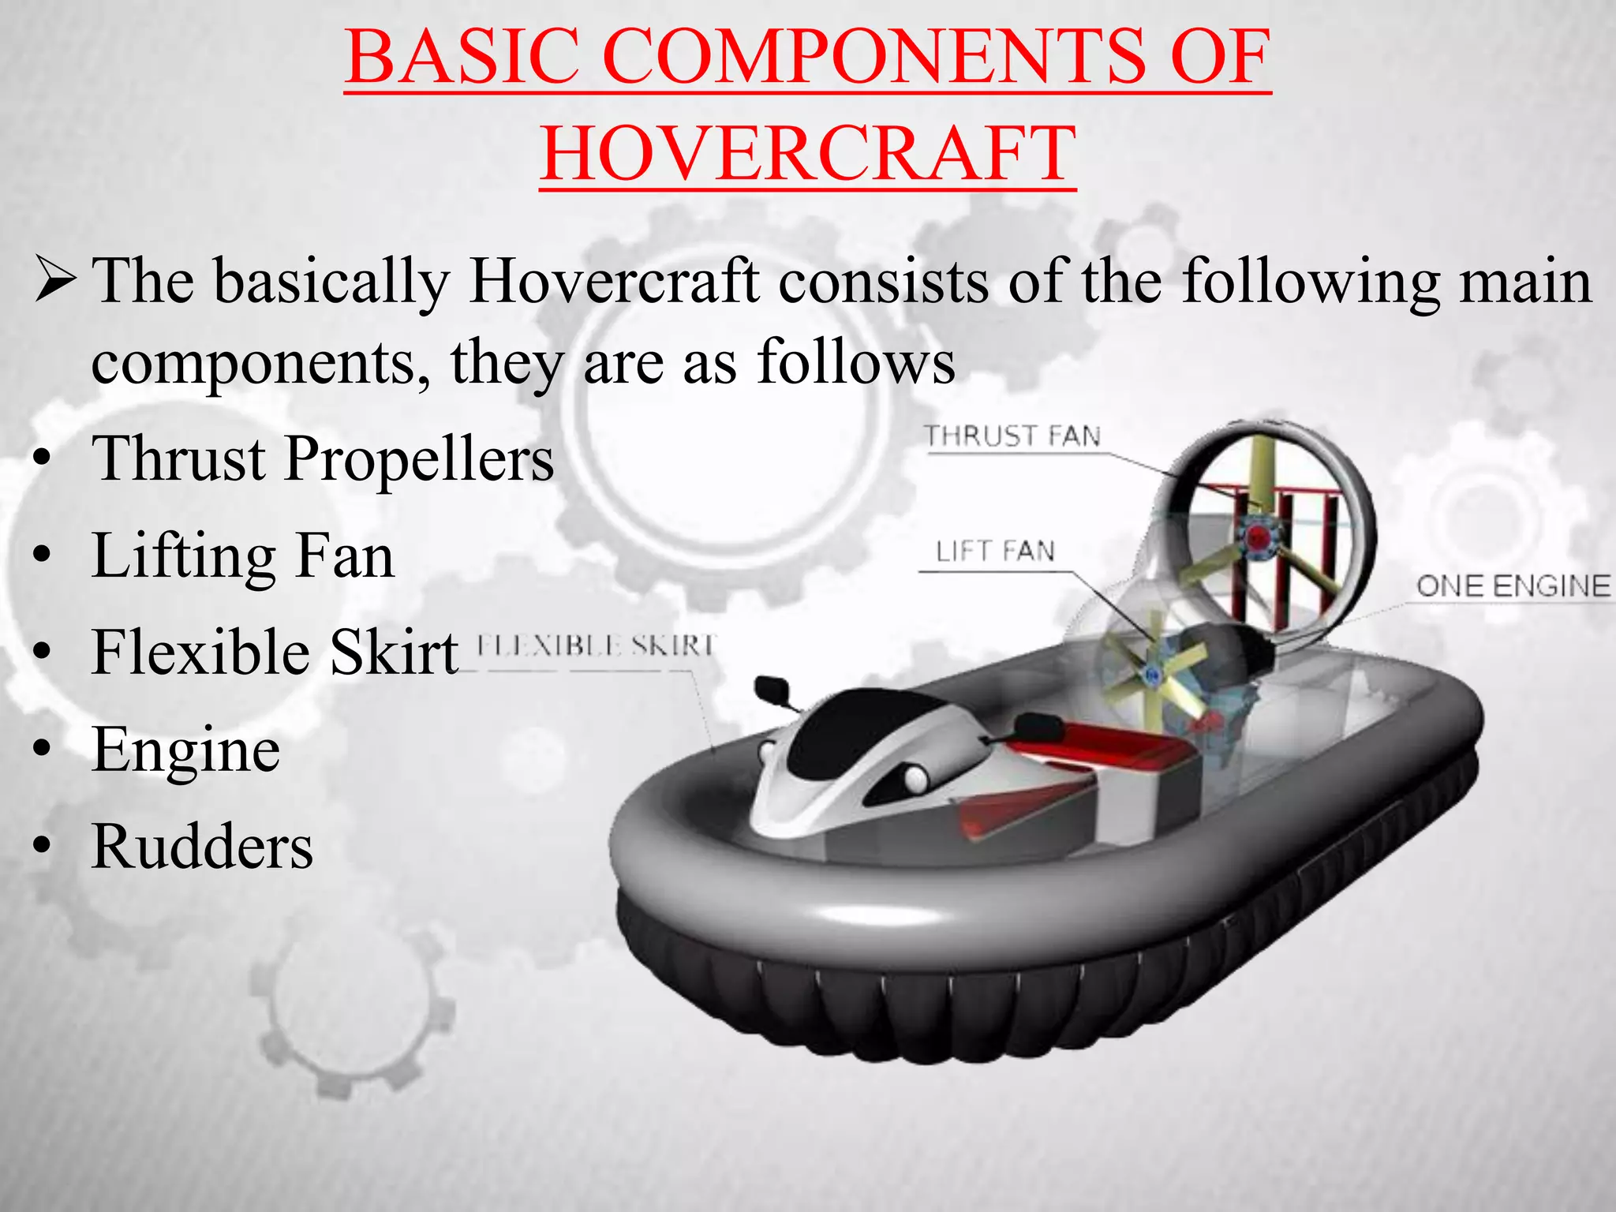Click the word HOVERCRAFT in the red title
pyautogui.click(x=807, y=152)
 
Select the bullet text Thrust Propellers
pyautogui.click(x=323, y=458)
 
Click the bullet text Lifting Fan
pyautogui.click(x=243, y=555)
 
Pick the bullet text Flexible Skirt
pyautogui.click(x=275, y=653)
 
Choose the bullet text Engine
pyautogui.click(x=186, y=750)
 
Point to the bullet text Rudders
pyautogui.click(x=202, y=847)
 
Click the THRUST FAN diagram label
pyautogui.click(x=1012, y=436)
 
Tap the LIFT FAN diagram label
pyautogui.click(x=995, y=551)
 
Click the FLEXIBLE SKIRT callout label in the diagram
pyautogui.click(x=596, y=646)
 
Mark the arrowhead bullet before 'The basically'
pyautogui.click(x=55, y=280)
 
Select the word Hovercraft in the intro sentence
pyautogui.click(x=615, y=281)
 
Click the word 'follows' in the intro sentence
pyautogui.click(x=856, y=362)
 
